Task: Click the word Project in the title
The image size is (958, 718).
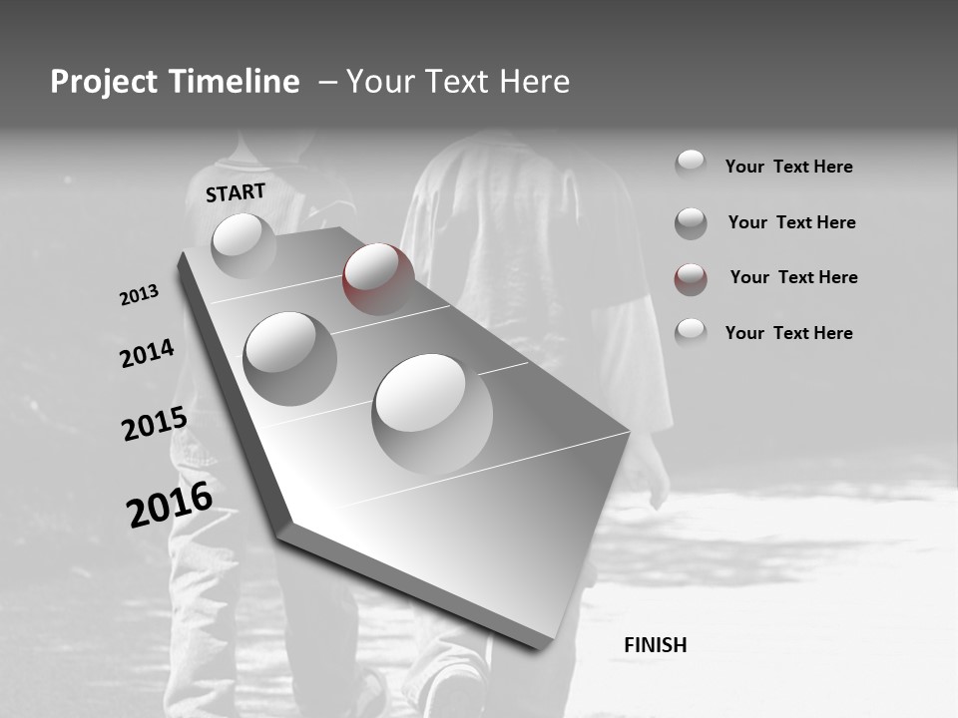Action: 104,82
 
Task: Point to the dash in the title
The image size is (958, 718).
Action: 327,83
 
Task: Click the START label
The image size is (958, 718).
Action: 236,192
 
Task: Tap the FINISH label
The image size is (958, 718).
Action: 655,645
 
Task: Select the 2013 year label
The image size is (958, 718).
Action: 139,295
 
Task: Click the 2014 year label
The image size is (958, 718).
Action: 147,353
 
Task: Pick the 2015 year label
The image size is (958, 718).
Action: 154,424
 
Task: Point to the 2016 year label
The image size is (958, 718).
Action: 169,504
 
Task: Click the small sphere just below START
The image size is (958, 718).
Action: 242,244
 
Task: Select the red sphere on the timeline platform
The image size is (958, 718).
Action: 378,277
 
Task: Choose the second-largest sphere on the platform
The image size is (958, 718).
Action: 289,357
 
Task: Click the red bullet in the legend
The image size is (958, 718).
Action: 691,278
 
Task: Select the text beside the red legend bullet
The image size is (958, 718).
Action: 793,277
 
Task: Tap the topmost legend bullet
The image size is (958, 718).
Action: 691,165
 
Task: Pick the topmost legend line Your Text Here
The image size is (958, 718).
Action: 788,167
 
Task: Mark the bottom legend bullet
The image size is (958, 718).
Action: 691,333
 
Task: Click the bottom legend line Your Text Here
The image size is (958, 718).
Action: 788,333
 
